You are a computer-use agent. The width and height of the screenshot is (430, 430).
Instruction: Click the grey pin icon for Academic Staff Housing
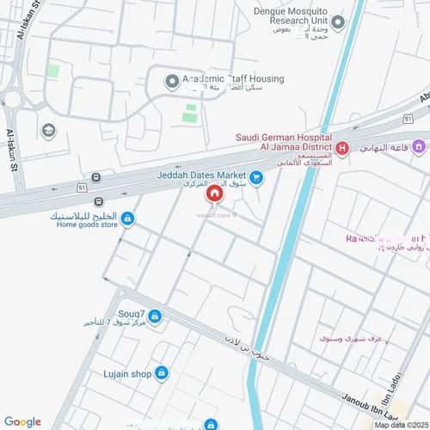tap(171, 82)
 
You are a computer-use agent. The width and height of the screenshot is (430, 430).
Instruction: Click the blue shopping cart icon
tap(255, 178)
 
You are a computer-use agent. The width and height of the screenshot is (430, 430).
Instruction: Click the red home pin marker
tap(214, 196)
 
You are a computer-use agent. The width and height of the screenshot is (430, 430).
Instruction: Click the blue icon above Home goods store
tap(127, 219)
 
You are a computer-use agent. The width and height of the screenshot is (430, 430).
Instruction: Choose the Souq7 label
tap(132, 305)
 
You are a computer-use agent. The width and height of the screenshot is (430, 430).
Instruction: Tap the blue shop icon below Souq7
tap(154, 317)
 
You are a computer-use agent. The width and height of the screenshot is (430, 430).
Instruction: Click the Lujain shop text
tap(130, 373)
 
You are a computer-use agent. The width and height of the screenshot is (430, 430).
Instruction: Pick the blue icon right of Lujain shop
tap(162, 372)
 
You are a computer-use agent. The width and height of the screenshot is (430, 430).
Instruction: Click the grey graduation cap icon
tap(48, 131)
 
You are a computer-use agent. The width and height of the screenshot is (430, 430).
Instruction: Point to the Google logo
tap(22, 421)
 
